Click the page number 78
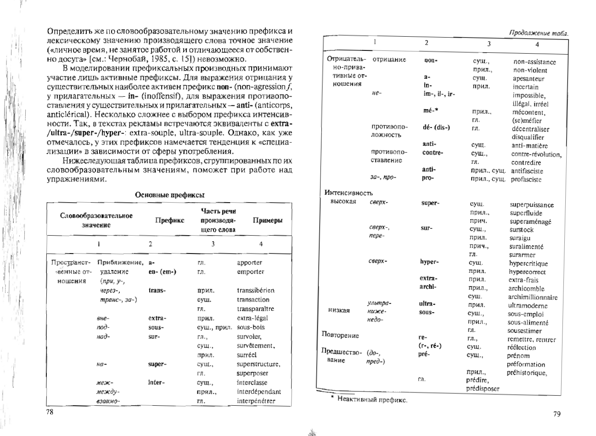tap(51, 412)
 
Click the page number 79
tap(557, 414)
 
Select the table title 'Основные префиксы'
tap(169, 195)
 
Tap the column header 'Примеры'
tap(267, 220)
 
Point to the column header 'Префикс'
tap(170, 220)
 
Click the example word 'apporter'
tap(249, 263)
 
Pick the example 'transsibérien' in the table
tap(255, 290)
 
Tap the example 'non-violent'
tap(530, 70)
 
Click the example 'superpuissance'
tap(532, 205)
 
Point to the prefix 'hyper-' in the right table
tap(429, 262)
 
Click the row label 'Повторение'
tap(340, 335)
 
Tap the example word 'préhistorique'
tap(527, 373)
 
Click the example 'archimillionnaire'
tap(533, 297)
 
